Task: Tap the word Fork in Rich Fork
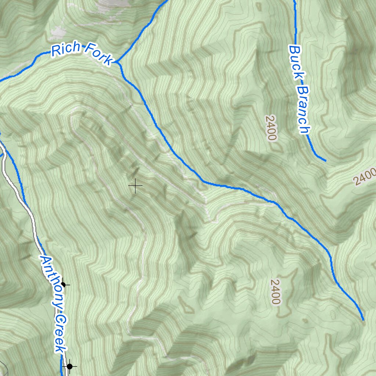(x=98, y=54)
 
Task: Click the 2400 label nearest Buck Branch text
(x=271, y=128)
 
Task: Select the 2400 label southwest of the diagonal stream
(x=275, y=292)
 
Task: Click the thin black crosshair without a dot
(x=135, y=186)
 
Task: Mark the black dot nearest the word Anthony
(x=63, y=285)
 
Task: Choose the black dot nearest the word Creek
(x=69, y=366)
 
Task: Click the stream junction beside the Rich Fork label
(x=118, y=62)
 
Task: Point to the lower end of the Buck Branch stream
(x=325, y=160)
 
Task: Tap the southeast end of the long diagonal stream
(x=364, y=320)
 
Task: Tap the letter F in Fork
(x=89, y=49)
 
